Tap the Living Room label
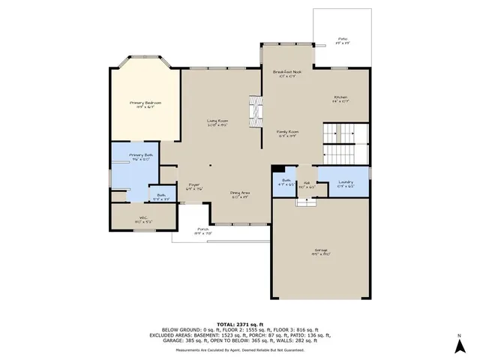tap(217, 121)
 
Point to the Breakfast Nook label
tap(286, 71)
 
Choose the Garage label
tap(320, 252)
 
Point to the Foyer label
tap(194, 186)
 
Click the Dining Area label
tap(240, 193)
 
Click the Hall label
tap(307, 184)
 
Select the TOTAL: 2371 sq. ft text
tap(241, 319)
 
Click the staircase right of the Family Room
tap(346, 142)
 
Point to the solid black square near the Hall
tap(277, 169)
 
